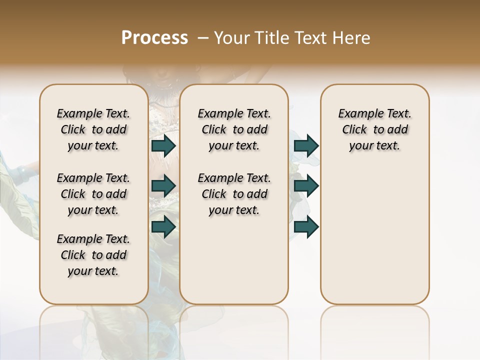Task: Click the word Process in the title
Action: coord(154,38)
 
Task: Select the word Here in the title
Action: coord(352,38)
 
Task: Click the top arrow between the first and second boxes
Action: coord(163,145)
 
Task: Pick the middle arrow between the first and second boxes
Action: coord(163,185)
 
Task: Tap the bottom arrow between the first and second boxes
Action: coord(163,226)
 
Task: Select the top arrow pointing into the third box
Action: coord(306,145)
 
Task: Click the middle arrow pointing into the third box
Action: coord(306,185)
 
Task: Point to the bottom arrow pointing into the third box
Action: coord(306,226)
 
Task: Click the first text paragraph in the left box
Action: coord(93,129)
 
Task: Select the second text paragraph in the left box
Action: coord(93,194)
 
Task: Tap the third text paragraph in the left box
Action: coord(93,255)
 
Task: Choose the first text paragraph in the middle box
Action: coord(234,129)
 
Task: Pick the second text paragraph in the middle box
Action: coord(234,194)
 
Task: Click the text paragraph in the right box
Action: coord(375,129)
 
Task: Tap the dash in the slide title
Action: coord(203,38)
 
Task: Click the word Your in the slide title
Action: coord(232,38)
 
